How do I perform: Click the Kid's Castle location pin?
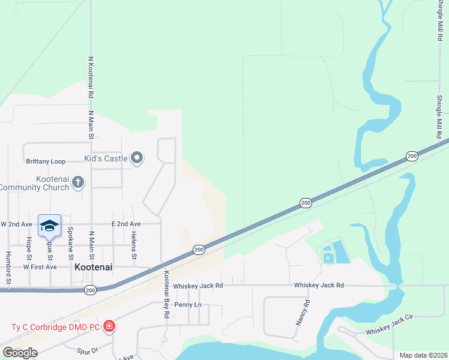pos(137,158)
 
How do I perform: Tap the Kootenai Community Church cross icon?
pos(77,182)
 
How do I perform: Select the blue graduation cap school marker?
pos(49,226)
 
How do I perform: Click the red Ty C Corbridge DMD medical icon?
pos(109,327)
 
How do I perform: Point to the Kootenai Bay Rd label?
pos(167,295)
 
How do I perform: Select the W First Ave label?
pos(40,266)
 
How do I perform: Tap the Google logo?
pos(20,353)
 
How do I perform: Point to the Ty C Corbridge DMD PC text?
pos(55,327)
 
